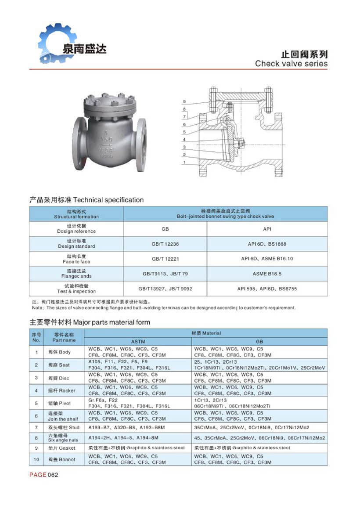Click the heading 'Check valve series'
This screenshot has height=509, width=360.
(291, 64)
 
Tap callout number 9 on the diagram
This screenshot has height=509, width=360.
(185, 102)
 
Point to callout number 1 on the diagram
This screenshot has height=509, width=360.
(185, 163)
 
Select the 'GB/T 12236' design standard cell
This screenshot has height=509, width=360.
(165, 244)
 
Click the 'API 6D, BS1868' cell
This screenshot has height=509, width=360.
(267, 244)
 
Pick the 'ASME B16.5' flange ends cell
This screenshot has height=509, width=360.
(267, 274)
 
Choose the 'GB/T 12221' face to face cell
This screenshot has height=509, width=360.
(165, 259)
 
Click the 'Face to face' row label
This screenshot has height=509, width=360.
(76, 259)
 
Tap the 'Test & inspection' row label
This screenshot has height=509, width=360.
(76, 289)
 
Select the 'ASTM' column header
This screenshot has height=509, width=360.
(138, 341)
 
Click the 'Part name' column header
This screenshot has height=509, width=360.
(64, 338)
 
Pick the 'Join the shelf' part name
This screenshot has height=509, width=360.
(64, 416)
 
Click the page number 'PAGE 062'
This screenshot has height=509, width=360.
(44, 475)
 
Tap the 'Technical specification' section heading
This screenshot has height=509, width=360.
(86, 200)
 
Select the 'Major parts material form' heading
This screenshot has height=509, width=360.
(90, 322)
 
